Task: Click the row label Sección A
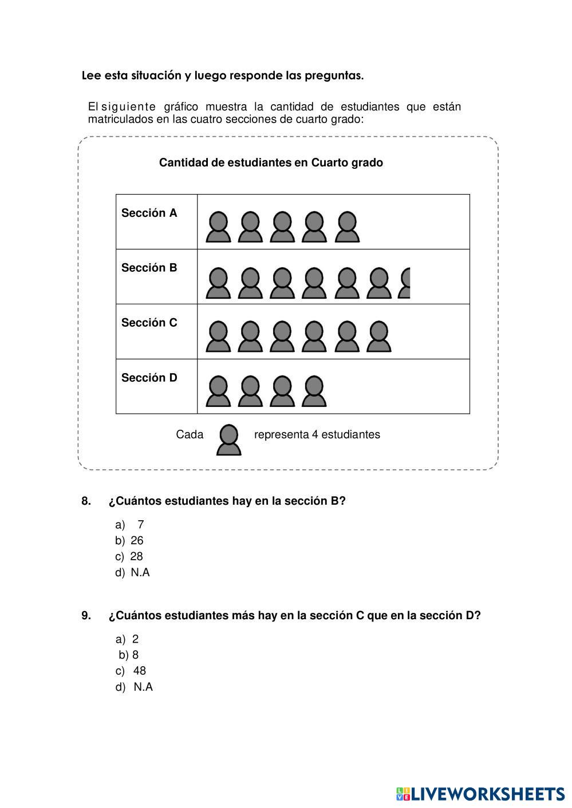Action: tap(149, 213)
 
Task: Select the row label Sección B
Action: tap(149, 268)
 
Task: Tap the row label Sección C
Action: tap(149, 323)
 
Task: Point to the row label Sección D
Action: tap(149, 378)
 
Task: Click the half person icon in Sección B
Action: tap(405, 283)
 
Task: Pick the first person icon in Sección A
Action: tap(218, 227)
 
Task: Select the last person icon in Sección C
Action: tap(378, 337)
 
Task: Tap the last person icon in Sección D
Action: tap(314, 392)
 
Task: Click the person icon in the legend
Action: tap(228, 440)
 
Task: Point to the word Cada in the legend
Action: tap(190, 434)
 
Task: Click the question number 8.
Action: tap(86, 501)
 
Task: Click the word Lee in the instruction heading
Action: tap(92, 76)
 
